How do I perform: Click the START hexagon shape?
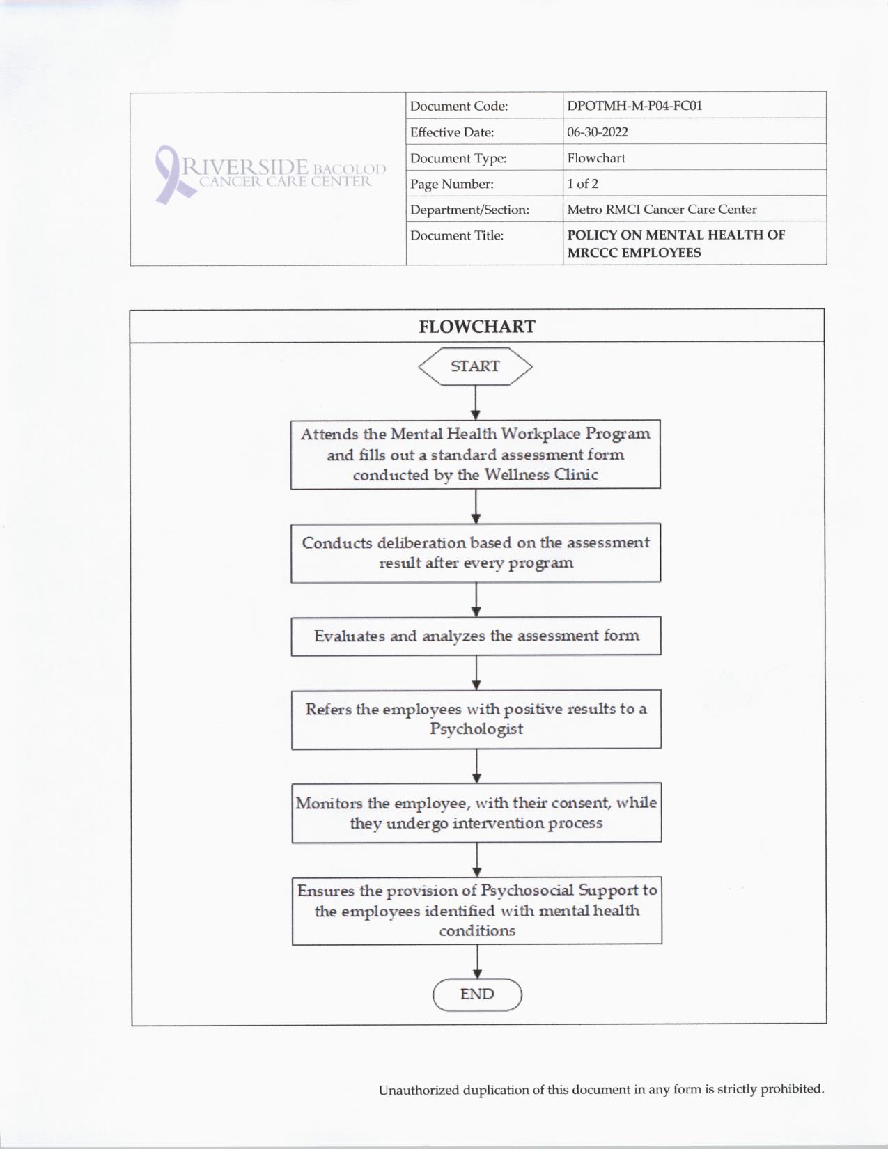click(x=475, y=366)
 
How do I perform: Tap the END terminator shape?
click(x=477, y=994)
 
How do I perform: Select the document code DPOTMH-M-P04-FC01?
click(x=634, y=106)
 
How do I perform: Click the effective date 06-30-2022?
click(x=598, y=132)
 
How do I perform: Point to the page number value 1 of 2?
click(x=582, y=184)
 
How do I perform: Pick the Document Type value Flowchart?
click(x=596, y=158)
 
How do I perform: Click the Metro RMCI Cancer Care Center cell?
click(x=662, y=209)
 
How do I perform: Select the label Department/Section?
click(x=469, y=210)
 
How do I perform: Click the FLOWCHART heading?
click(x=477, y=327)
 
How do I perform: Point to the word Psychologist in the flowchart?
click(x=476, y=729)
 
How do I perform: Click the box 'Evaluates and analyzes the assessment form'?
click(x=476, y=636)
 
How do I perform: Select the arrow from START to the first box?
click(x=476, y=402)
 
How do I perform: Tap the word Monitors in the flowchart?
click(x=329, y=803)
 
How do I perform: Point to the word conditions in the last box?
click(x=477, y=931)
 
